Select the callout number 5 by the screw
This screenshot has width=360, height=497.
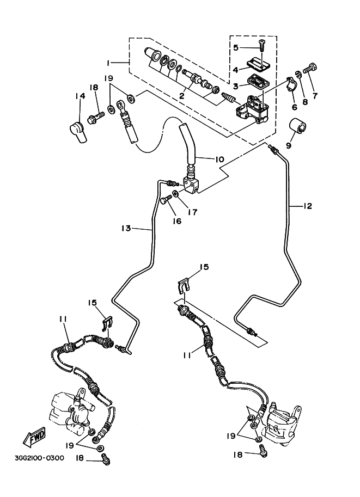tap(236, 47)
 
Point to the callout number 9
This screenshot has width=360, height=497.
tap(288, 145)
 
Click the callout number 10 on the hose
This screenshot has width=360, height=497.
tap(219, 159)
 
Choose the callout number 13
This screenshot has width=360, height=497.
tap(126, 229)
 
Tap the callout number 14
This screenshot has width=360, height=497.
tap(81, 96)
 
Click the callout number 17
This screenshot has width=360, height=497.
tap(193, 212)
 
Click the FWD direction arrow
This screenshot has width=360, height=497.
tap(34, 437)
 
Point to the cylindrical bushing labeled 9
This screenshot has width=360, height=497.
tap(298, 126)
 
